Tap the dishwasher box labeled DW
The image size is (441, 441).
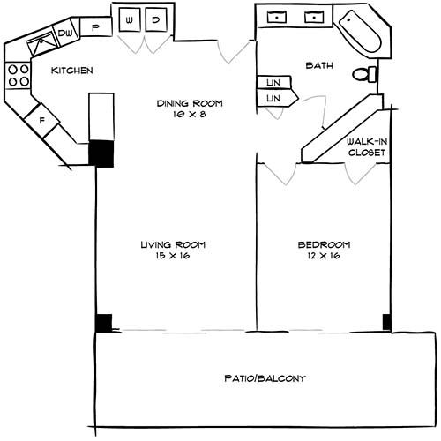pyautogui.click(x=65, y=34)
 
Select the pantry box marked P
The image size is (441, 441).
pyautogui.click(x=95, y=27)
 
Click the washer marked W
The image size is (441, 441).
pyautogui.click(x=130, y=19)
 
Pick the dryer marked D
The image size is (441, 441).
pyautogui.click(x=154, y=19)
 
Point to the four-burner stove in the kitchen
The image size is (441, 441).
pyautogui.click(x=18, y=77)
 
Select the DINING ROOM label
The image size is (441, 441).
pyautogui.click(x=190, y=103)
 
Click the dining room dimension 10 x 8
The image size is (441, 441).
pyautogui.click(x=190, y=114)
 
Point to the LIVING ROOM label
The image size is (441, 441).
pyautogui.click(x=165, y=244)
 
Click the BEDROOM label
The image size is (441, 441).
pyautogui.click(x=324, y=244)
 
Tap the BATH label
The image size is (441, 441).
pyautogui.click(x=318, y=65)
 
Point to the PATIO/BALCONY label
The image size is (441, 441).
pyautogui.click(x=264, y=378)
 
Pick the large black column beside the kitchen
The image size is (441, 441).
pyautogui.click(x=102, y=153)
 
